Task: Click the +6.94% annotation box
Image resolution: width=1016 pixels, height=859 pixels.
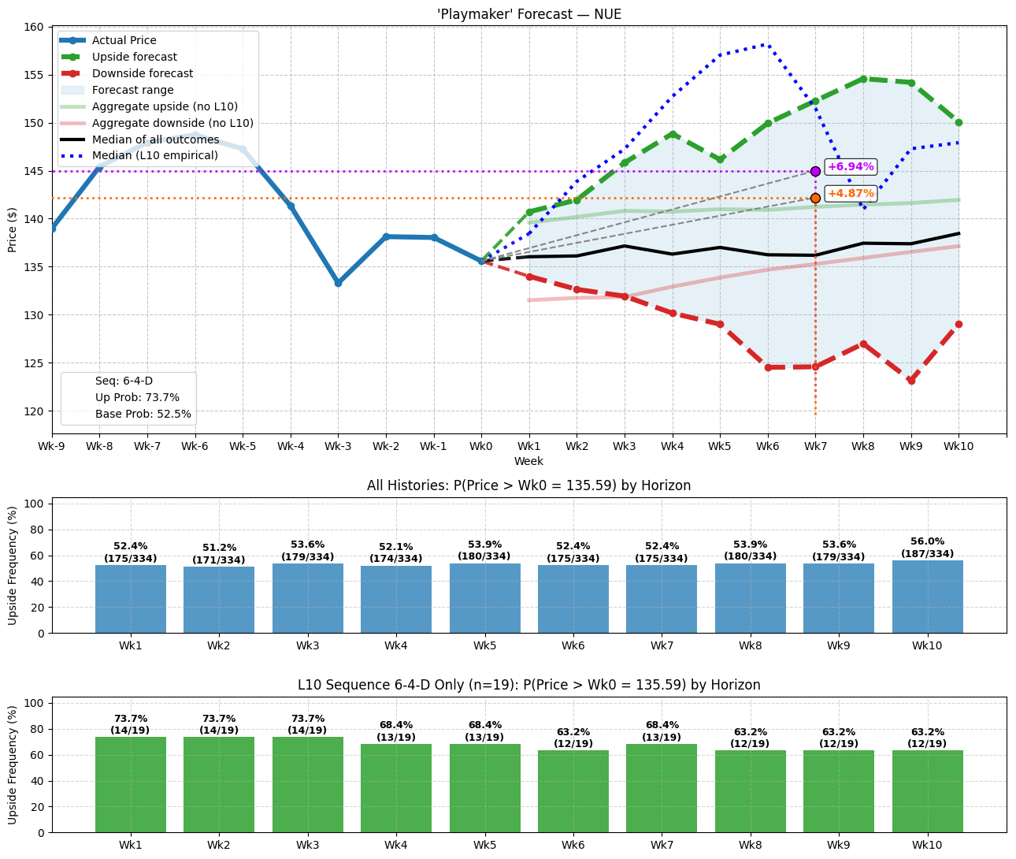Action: [x=850, y=167]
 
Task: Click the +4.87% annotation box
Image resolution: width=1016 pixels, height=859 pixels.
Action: [x=850, y=194]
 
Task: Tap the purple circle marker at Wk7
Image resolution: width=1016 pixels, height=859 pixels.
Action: [x=815, y=171]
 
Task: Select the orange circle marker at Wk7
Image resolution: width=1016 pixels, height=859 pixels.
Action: [x=815, y=198]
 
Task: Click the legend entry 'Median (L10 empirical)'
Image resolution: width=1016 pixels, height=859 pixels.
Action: [x=154, y=156]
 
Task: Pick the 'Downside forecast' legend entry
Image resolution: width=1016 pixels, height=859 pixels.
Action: [x=142, y=73]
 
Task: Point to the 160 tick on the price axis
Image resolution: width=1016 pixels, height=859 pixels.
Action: [x=34, y=27]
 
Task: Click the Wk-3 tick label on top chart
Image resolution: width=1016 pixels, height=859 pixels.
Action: [x=338, y=447]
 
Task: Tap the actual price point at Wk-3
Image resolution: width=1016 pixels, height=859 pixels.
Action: [x=338, y=283]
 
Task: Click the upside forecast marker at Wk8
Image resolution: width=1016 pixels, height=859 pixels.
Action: [x=863, y=79]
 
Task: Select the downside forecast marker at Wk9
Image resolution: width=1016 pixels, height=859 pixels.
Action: [x=911, y=381]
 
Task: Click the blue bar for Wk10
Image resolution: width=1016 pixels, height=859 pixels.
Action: [x=927, y=597]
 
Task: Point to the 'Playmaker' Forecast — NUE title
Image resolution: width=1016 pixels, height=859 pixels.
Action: [x=528, y=14]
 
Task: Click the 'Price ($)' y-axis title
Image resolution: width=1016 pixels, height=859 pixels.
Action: [x=12, y=229]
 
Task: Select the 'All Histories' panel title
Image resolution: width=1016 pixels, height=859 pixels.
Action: [x=528, y=485]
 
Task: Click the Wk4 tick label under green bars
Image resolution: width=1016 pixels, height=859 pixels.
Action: [x=396, y=845]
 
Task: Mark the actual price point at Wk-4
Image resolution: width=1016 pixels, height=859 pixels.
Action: [x=291, y=206]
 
